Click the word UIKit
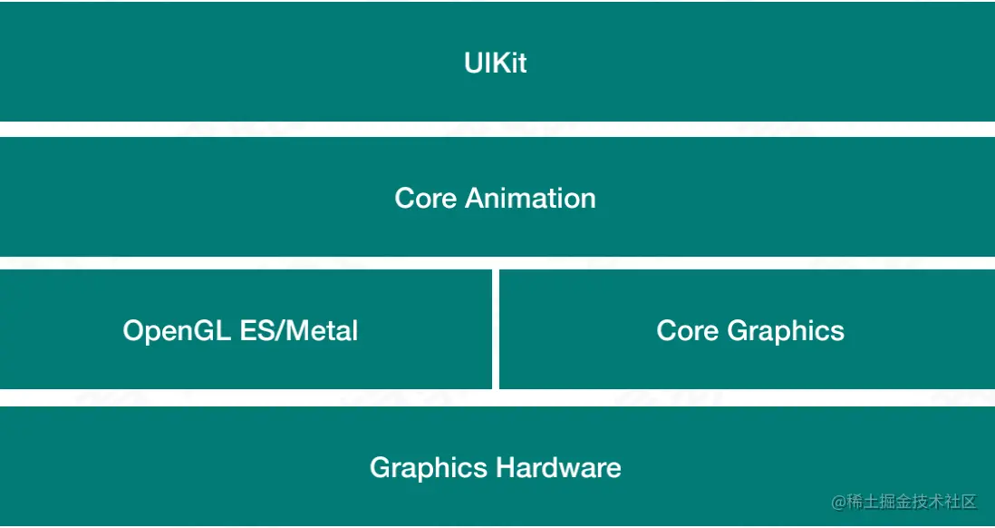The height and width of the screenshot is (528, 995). click(x=495, y=63)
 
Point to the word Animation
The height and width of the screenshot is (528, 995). click(x=530, y=198)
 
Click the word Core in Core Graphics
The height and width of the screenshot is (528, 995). click(x=688, y=330)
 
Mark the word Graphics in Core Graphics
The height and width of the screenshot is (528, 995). click(x=786, y=331)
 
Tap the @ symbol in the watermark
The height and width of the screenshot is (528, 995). click(x=839, y=502)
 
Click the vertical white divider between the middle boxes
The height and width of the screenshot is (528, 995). click(x=496, y=329)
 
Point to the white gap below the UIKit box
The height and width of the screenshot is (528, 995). click(x=497, y=129)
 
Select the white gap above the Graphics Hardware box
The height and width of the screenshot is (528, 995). click(x=497, y=397)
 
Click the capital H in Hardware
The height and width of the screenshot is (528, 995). click(x=505, y=468)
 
